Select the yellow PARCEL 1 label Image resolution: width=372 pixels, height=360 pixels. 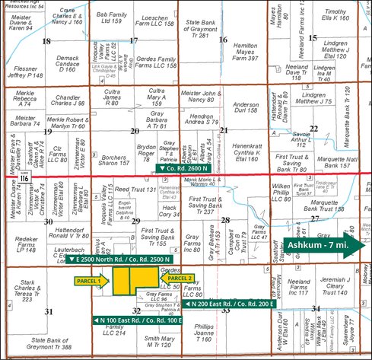91,281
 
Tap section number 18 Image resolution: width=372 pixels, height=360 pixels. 46,41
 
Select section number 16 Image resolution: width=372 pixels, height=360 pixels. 223,39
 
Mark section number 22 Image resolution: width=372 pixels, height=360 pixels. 314,128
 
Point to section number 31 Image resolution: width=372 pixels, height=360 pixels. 49,312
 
